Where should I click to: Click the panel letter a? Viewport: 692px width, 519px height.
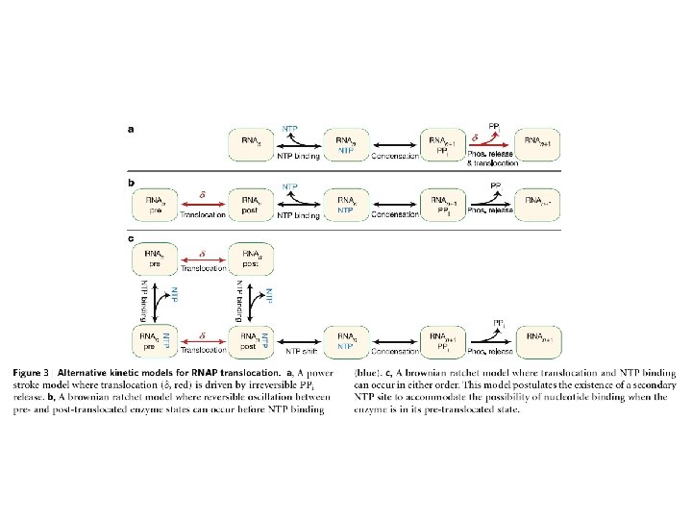(x=131, y=127)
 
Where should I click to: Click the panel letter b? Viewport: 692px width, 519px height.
(x=131, y=180)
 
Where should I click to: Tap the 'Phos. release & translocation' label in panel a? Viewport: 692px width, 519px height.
(x=492, y=159)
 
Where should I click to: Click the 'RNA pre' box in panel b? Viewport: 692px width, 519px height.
(x=155, y=203)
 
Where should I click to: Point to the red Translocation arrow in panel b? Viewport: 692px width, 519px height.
(x=202, y=204)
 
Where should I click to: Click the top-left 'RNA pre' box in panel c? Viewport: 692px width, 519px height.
(x=155, y=258)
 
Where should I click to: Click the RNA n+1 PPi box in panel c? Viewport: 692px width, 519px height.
(x=444, y=340)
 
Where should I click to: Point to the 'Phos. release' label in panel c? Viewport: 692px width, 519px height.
(x=490, y=353)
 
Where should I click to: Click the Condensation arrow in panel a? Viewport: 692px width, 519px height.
(x=394, y=146)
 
